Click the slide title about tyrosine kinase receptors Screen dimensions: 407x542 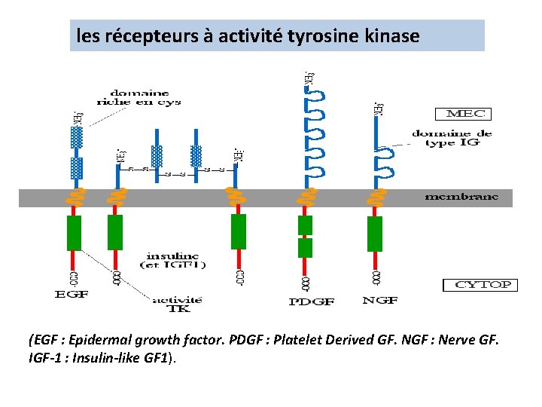coord(248,35)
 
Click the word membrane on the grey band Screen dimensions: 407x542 coord(461,197)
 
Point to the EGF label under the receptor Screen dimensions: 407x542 coord(72,294)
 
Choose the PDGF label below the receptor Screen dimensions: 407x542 coord(311,301)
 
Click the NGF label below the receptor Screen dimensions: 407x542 coord(380,300)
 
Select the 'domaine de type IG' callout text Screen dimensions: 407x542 coord(452,138)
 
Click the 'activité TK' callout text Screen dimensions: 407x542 coord(178,304)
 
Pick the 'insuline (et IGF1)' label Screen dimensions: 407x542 coord(174,260)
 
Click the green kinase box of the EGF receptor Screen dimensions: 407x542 coord(74,233)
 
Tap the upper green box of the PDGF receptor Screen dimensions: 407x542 coord(305,225)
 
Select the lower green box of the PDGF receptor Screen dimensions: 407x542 coord(305,248)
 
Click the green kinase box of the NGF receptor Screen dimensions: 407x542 coord(375,233)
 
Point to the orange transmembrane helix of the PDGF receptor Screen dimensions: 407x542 coord(306,197)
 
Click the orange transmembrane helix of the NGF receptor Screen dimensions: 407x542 coord(375,197)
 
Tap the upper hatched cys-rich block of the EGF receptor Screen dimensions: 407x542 coord(76,137)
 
